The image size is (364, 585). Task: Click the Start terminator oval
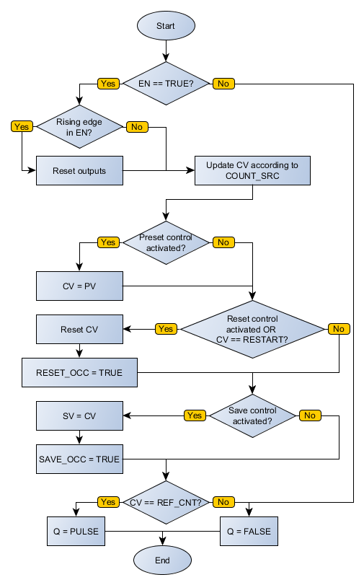click(166, 25)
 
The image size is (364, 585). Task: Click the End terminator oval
click(162, 560)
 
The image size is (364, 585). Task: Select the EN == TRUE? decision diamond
click(166, 84)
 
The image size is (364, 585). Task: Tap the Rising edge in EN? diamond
click(79, 127)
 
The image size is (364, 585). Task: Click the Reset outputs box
click(79, 171)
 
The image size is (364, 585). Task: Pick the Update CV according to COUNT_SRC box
click(252, 171)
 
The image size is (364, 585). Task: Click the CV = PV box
click(79, 286)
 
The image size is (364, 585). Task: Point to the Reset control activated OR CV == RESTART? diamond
click(252, 329)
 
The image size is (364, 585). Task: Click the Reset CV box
click(79, 330)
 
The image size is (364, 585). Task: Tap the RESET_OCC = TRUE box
click(79, 373)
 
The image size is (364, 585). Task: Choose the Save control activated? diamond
click(252, 415)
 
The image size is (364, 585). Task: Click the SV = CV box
click(79, 416)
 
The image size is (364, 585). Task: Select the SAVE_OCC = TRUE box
click(79, 459)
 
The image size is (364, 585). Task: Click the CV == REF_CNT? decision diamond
click(166, 502)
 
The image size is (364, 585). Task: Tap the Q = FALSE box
click(249, 532)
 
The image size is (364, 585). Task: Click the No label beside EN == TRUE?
click(223, 84)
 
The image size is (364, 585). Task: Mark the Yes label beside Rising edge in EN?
click(22, 127)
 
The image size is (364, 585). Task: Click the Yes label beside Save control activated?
click(195, 415)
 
